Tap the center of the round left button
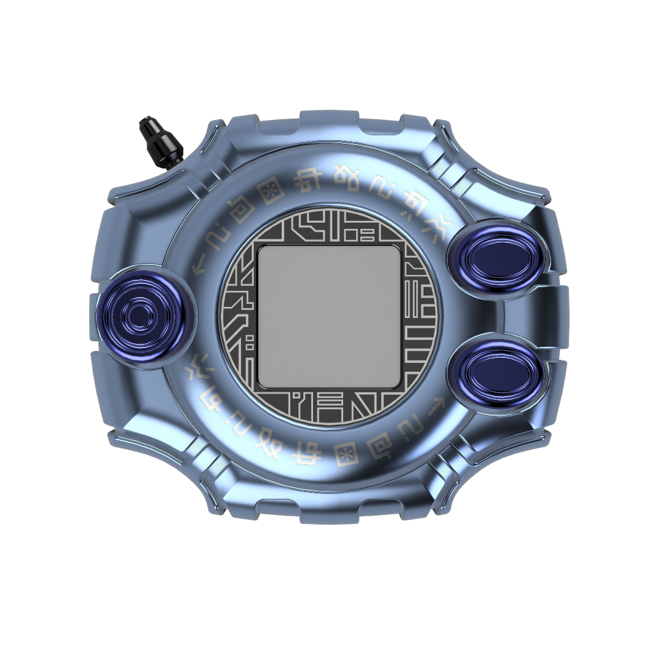coord(141,317)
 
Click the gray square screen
coord(329,316)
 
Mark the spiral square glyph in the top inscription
coord(244,209)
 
